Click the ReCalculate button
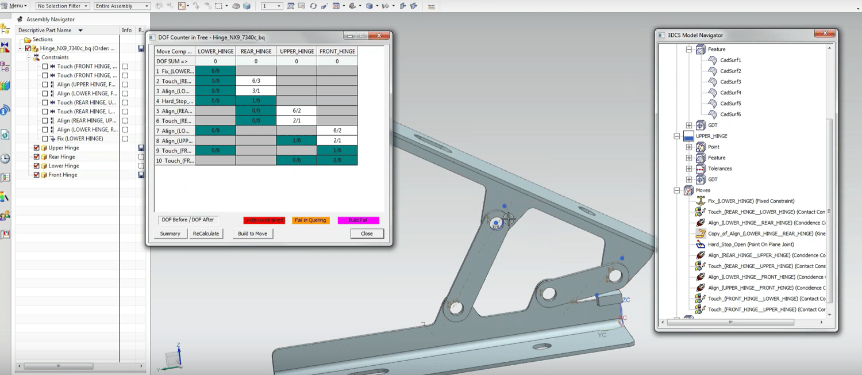point(206,234)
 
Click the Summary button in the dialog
point(170,234)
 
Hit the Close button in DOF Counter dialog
point(367,234)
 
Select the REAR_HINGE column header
point(256,52)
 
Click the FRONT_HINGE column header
point(337,52)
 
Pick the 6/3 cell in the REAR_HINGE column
point(256,81)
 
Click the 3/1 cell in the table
point(256,91)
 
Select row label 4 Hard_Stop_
point(175,101)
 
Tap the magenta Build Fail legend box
point(358,220)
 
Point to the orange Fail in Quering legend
point(310,220)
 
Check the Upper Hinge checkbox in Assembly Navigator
point(37,148)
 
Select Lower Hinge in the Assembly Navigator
point(64,166)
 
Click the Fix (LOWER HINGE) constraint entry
point(80,139)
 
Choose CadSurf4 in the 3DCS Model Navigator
point(730,93)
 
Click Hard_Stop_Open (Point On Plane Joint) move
point(751,244)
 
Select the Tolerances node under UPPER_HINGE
point(719,169)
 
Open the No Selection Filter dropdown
point(63,6)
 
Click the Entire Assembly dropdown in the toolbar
point(122,6)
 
